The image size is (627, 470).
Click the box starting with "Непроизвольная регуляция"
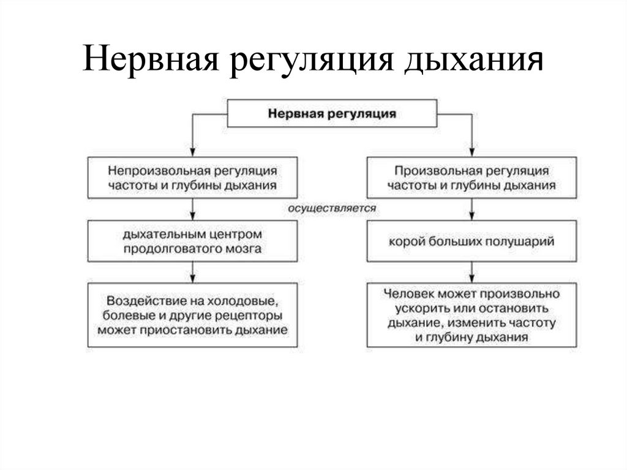tap(193, 177)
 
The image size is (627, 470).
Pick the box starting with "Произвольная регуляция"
tap(471, 177)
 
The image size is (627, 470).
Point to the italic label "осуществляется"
tap(332, 208)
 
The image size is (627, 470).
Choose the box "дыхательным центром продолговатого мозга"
tap(193, 241)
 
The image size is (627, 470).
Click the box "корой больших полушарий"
tap(471, 241)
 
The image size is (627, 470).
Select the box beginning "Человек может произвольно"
tap(471, 316)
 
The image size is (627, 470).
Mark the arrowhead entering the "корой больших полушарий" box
tap(471, 216)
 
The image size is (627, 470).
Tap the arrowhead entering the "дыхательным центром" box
tap(193, 216)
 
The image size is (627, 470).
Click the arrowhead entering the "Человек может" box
tap(471, 277)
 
